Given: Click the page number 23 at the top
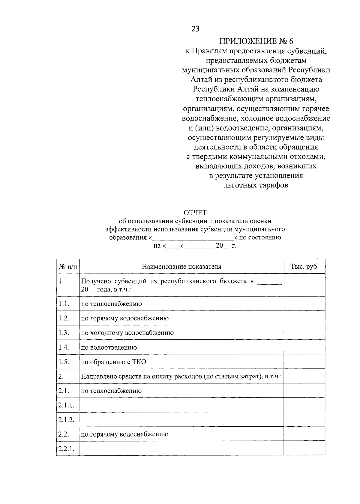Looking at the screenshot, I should pos(195,29).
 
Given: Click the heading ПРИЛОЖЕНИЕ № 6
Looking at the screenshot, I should pos(256,41).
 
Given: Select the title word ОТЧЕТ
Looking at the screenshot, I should pos(195,213).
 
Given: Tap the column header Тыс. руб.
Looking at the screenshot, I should pos(304,267).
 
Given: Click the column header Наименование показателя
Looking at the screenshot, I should pos(181,267).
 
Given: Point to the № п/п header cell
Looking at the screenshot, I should pos(68,267).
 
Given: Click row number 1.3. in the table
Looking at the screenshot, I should pos(64,333).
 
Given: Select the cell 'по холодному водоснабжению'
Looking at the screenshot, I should pos(127,333).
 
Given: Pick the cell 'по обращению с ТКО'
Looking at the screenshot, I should pos(114,362).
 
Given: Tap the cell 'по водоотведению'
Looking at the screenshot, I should pos(109,347).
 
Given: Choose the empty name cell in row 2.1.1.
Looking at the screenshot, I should pos(181,405).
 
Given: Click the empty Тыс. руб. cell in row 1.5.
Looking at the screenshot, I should pos(304,362).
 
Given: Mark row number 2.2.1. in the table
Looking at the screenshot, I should pos(66,449).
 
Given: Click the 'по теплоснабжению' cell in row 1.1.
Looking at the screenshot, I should pos(112,304).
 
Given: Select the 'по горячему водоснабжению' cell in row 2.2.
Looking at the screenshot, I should pos(125,434).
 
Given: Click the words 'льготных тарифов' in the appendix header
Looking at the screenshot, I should pos(256,185).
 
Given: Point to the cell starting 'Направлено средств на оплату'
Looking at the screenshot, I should pos(181,376).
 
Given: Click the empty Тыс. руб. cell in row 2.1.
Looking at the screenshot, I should pos(304,391).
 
